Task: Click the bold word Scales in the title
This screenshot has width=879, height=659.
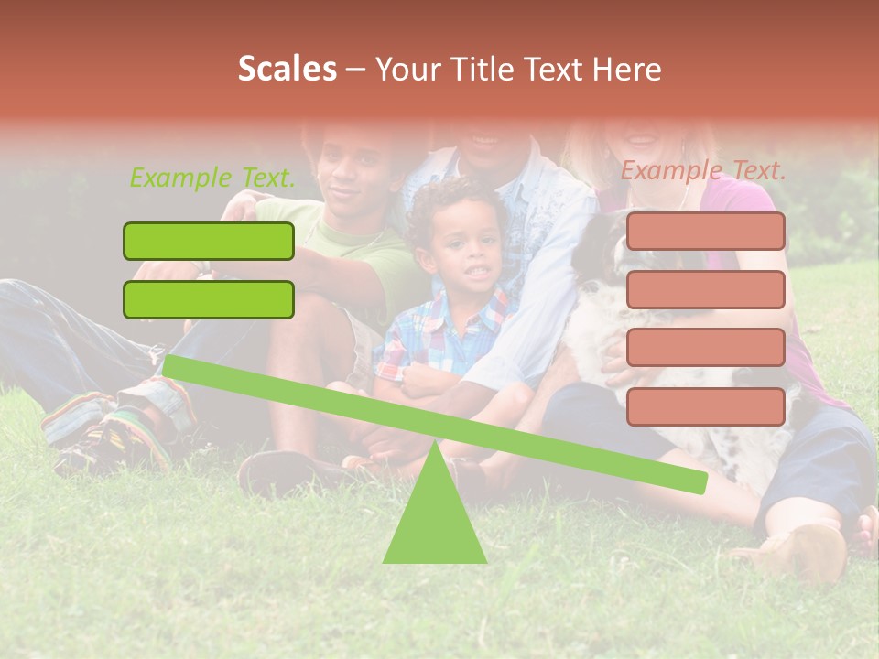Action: tap(287, 69)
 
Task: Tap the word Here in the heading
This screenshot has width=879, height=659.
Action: tap(628, 70)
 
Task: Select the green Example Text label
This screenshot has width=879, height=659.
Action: tap(212, 178)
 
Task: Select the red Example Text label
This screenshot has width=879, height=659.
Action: tap(703, 170)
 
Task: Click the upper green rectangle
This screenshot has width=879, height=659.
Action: tap(209, 241)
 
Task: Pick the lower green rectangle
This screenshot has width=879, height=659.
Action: tap(209, 299)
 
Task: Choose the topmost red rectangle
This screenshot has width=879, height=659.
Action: tap(706, 231)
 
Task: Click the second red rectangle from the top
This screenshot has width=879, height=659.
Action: tap(706, 289)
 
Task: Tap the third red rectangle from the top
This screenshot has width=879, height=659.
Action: tap(706, 347)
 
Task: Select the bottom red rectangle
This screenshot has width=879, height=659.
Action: tap(706, 406)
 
